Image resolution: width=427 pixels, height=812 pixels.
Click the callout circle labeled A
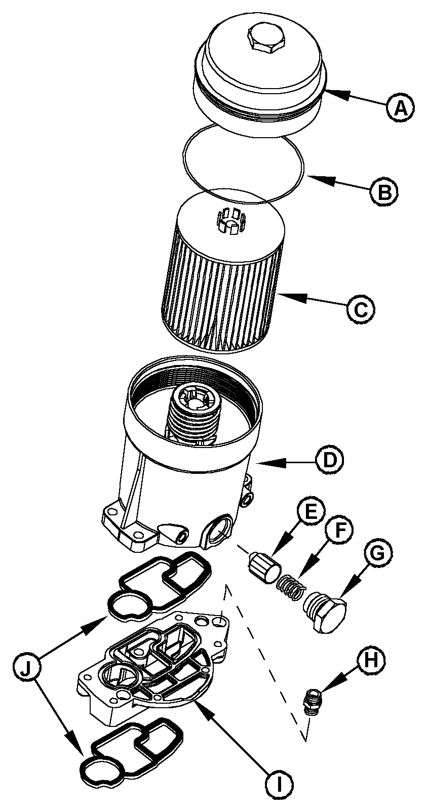tap(400, 107)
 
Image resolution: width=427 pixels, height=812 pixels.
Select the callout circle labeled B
tap(383, 191)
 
